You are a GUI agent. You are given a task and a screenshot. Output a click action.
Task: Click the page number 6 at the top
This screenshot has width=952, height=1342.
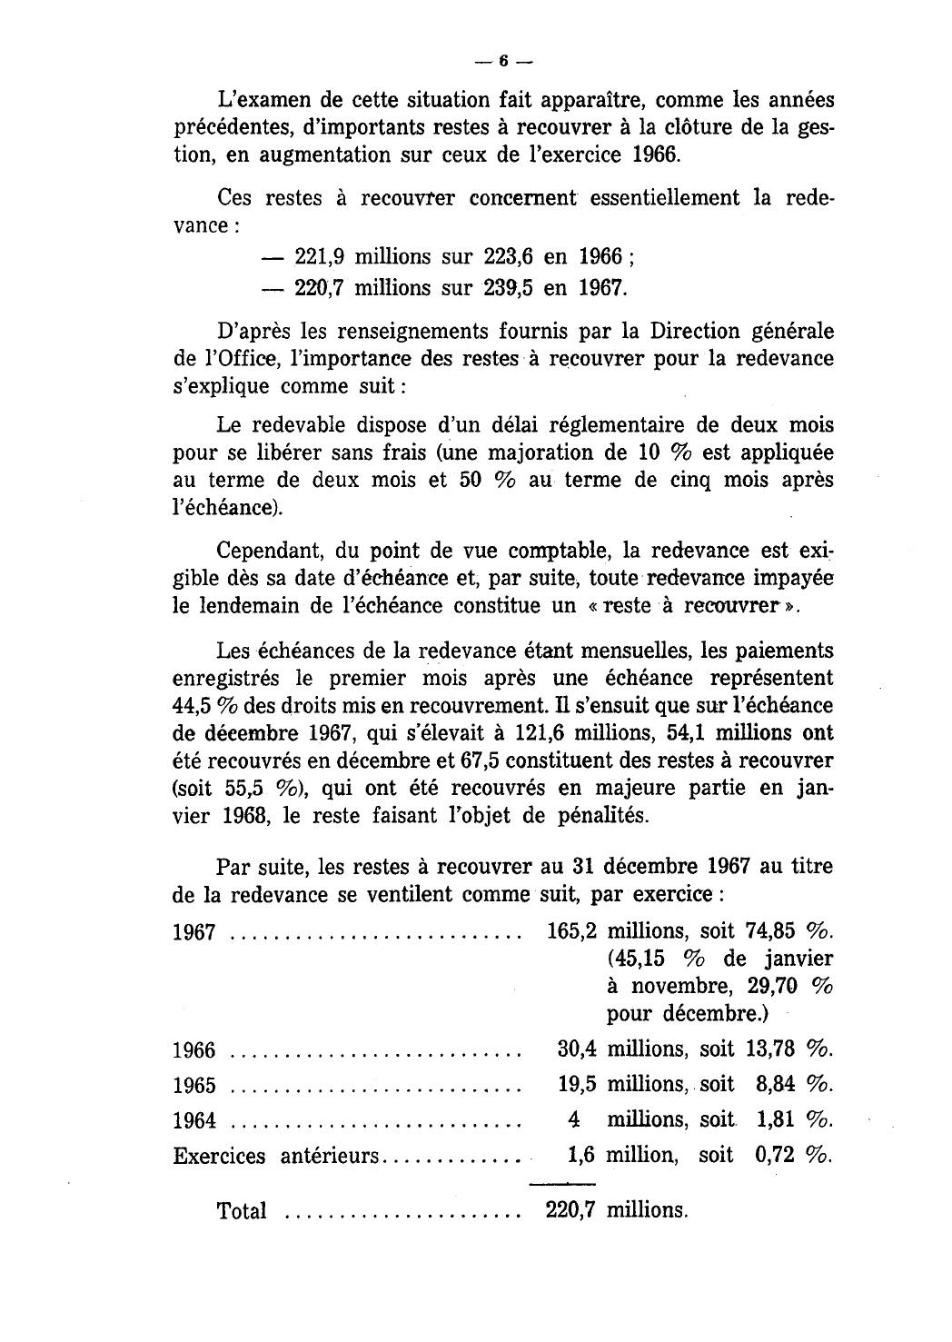coord(503,62)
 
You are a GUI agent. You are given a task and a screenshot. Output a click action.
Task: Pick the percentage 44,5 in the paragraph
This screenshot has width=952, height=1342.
coord(192,705)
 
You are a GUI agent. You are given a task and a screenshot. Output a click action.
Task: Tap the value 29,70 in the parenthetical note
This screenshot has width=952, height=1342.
coord(770,986)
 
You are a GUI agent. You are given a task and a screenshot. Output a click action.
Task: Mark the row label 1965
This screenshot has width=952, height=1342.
coord(193,1085)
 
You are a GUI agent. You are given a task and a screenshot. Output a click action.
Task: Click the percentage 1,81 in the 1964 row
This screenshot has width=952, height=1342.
coord(776,1119)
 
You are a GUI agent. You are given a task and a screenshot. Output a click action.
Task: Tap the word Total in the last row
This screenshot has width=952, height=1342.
coord(242,1211)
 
